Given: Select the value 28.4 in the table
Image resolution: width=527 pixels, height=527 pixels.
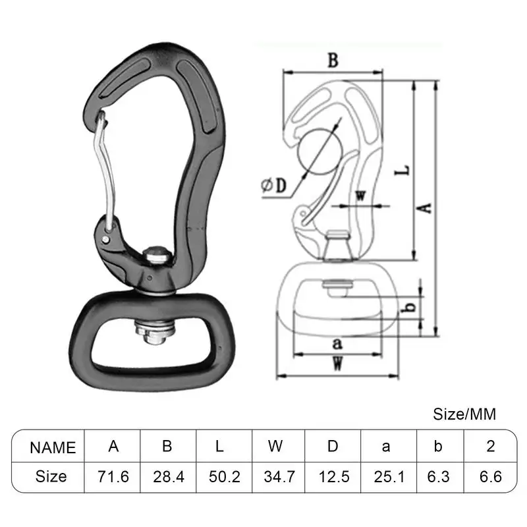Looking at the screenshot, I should tap(167, 476).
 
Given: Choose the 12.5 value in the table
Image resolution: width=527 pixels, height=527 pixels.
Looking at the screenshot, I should tap(333, 476).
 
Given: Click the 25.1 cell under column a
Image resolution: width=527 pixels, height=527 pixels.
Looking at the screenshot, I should tap(386, 476).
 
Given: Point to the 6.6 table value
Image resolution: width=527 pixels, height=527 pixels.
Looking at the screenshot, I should tap(490, 476).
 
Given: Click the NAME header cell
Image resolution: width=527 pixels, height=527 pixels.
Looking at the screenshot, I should tap(53, 447).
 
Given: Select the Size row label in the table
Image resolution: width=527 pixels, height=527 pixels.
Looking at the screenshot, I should tap(51, 476).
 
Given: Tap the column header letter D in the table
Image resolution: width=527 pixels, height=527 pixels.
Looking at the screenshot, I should tap(333, 447).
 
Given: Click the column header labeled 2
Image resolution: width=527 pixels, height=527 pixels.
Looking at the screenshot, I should tap(490, 447).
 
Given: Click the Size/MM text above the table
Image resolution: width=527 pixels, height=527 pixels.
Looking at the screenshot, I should tap(464, 414).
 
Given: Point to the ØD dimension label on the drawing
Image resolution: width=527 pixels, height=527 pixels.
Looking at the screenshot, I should tap(275, 186).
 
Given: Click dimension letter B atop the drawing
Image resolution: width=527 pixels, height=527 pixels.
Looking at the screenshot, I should tap(333, 61).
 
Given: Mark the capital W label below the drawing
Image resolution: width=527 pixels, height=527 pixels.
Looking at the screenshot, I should tap(337, 363).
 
